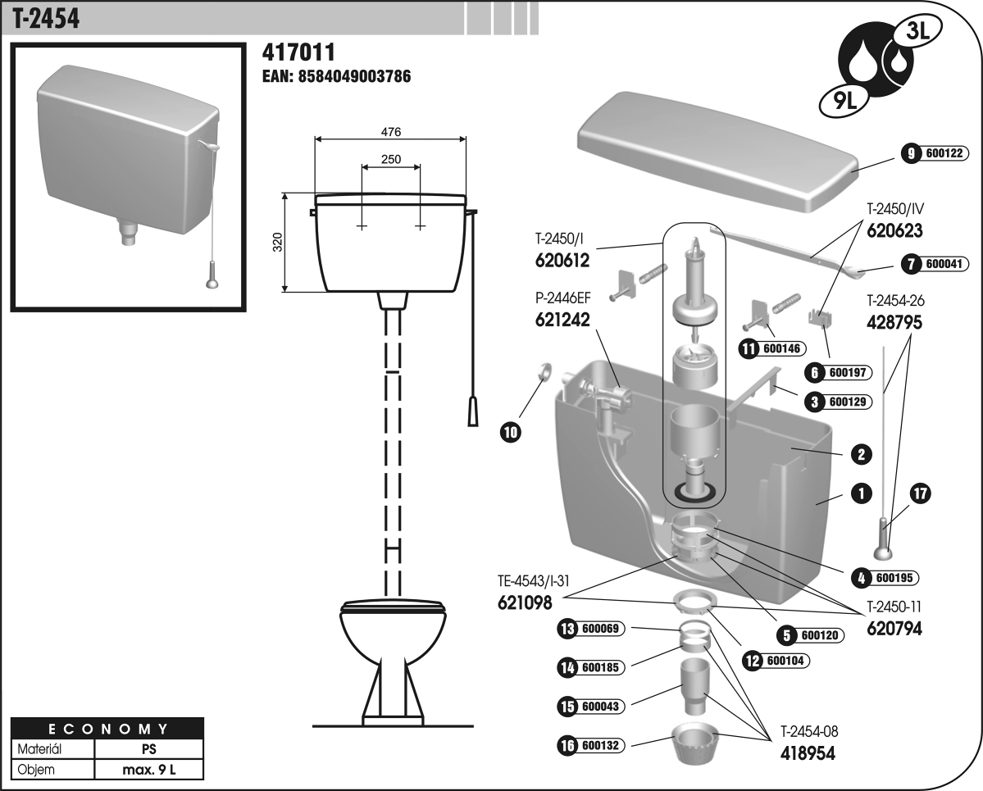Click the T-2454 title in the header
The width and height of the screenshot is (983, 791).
(x=47, y=17)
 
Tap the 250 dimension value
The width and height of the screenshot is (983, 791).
(x=391, y=160)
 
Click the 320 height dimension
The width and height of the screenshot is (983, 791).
(x=277, y=243)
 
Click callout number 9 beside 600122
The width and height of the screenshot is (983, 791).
(x=909, y=153)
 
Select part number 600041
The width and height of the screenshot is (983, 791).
(x=945, y=264)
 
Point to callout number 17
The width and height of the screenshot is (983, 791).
(x=921, y=493)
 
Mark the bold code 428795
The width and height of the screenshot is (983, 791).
(x=894, y=322)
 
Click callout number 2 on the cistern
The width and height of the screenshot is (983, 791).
(x=861, y=453)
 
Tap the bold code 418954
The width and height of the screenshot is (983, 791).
(x=808, y=752)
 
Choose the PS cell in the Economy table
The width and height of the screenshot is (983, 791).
(x=149, y=749)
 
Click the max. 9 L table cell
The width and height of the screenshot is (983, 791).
(x=149, y=770)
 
